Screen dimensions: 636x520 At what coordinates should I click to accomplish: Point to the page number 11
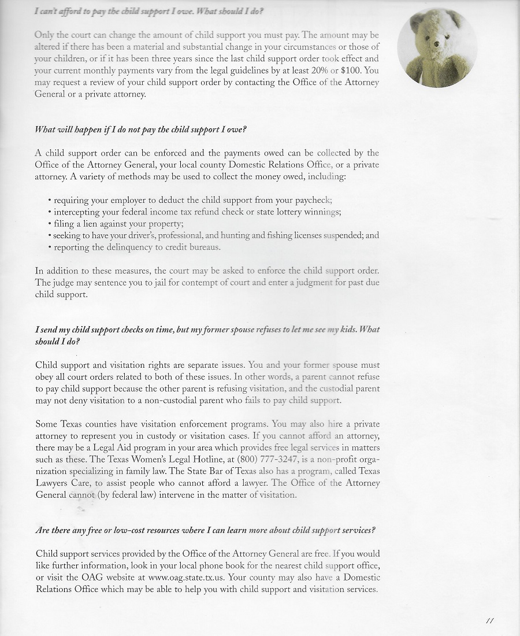tap(490, 621)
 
